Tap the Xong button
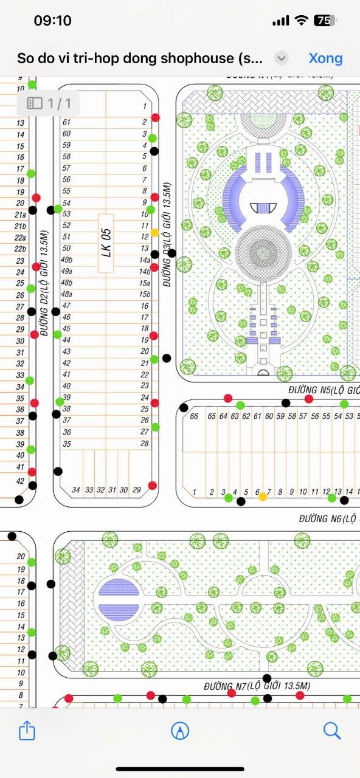coord(325,58)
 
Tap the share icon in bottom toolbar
coord(27,730)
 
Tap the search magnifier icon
coord(331,730)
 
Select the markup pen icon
coord(180,730)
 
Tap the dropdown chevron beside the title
coord(281,58)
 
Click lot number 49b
coord(67,260)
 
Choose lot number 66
coord(194,416)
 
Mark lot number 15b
coord(145,294)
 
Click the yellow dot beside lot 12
coord(155,232)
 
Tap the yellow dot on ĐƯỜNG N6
coord(263,497)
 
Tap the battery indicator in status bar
coord(324,20)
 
